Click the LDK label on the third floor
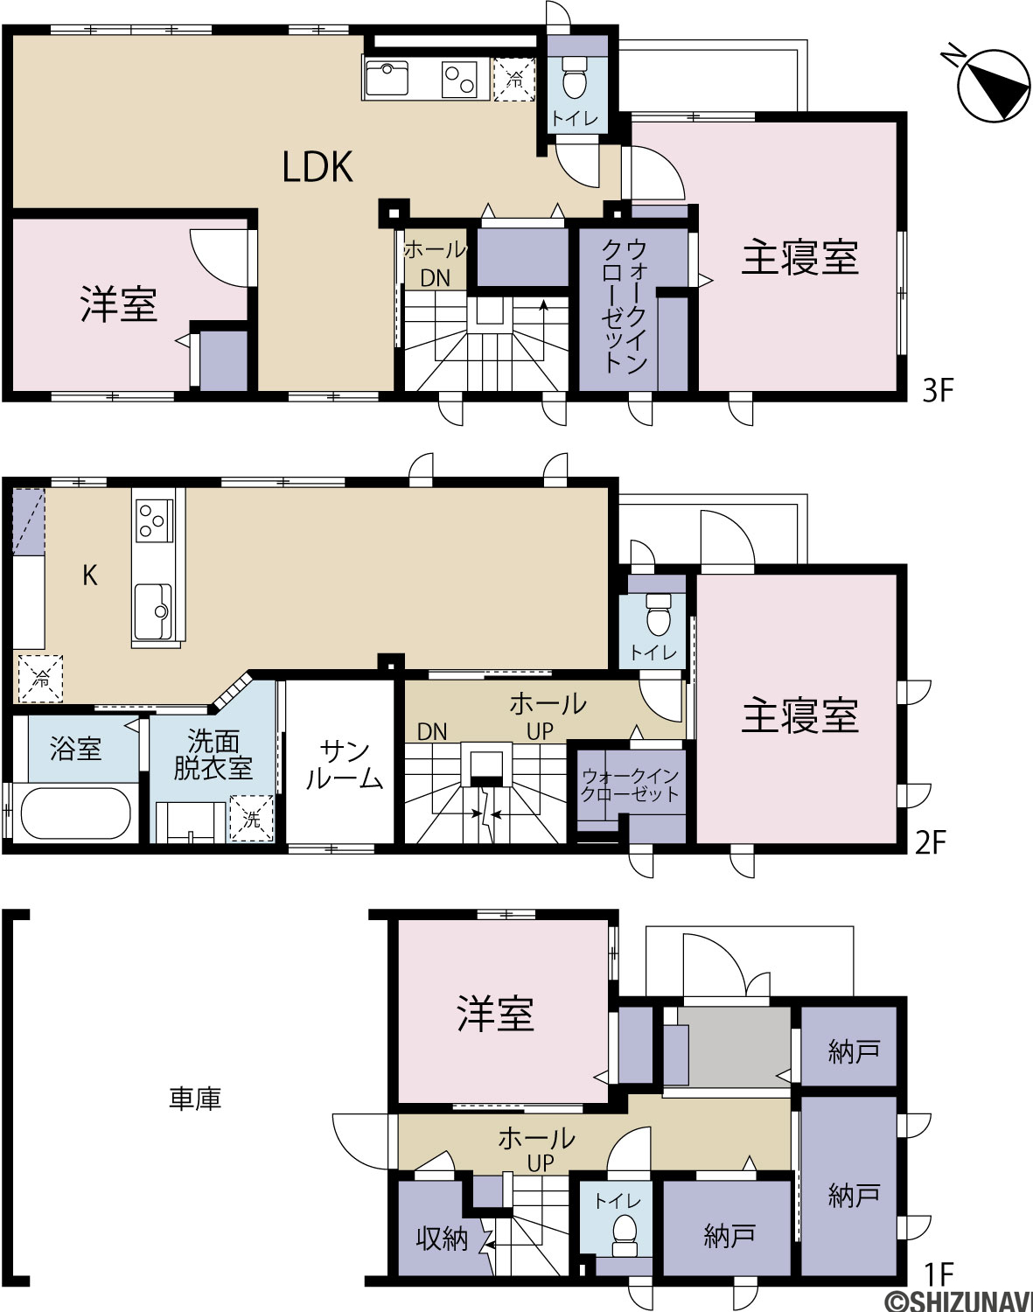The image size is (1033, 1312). click(x=318, y=166)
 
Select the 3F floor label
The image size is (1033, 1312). click(x=938, y=391)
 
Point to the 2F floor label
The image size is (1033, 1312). click(x=930, y=844)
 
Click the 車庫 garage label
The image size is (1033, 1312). click(x=195, y=1099)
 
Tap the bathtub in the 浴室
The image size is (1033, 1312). click(x=76, y=814)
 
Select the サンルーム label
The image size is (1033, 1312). click(x=344, y=765)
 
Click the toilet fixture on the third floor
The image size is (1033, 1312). click(x=574, y=78)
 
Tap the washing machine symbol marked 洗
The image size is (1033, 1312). click(x=252, y=818)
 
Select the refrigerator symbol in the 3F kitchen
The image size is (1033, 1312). click(x=514, y=80)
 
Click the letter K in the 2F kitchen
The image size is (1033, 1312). click(x=90, y=575)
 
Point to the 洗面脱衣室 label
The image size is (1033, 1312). click(x=213, y=754)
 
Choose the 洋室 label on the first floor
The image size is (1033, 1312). click(x=496, y=1014)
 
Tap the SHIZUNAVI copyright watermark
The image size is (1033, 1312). click(x=960, y=1301)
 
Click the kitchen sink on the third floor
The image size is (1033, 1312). click(x=387, y=78)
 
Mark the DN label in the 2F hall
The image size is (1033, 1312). click(x=432, y=731)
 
